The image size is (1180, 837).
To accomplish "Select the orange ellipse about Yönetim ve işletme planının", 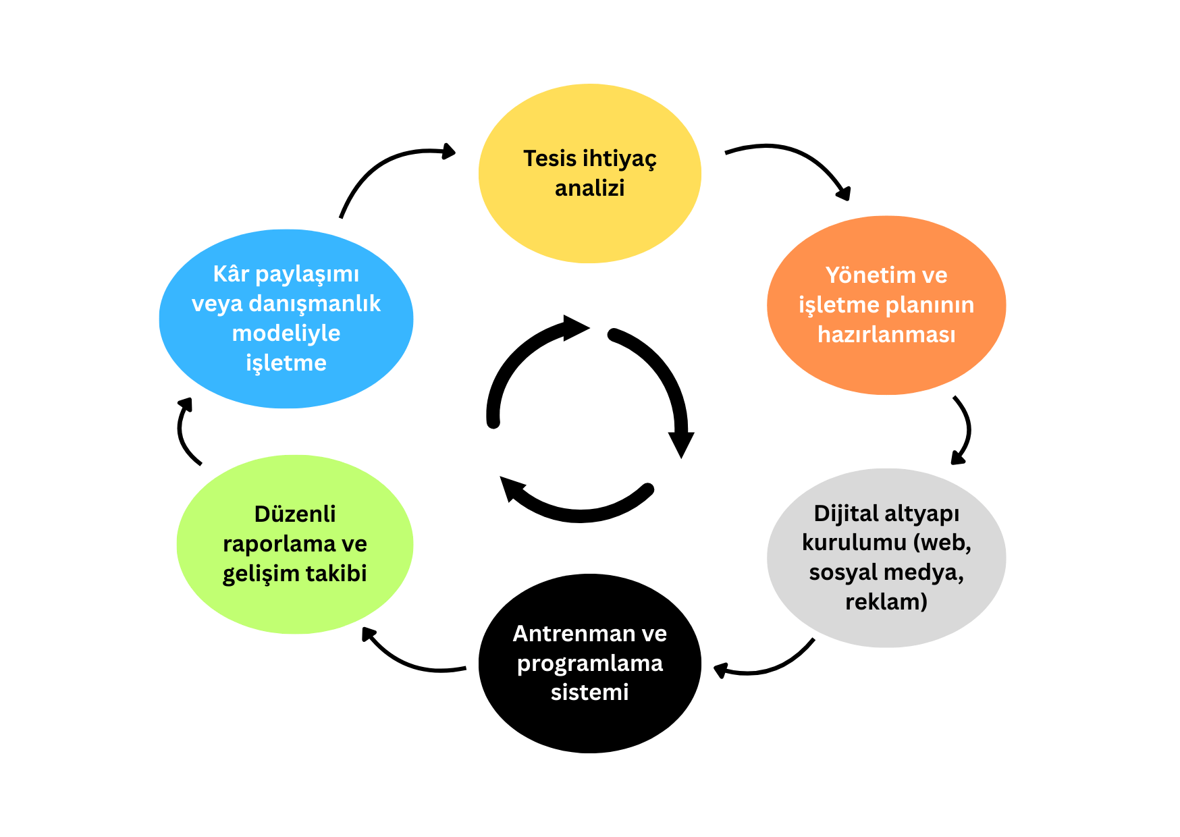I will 886,364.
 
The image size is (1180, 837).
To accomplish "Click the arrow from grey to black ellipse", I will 770,668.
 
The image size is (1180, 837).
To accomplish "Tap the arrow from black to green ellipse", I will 405,661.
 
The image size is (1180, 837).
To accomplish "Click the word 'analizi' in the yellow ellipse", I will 589,188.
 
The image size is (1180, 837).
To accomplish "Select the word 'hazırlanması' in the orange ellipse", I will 886,334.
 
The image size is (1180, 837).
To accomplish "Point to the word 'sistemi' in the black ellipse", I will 589,692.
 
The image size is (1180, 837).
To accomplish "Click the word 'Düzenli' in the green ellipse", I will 294,514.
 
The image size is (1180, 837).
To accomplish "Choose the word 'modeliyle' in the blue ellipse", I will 286,333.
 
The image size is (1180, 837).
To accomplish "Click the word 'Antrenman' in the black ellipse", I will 564,633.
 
